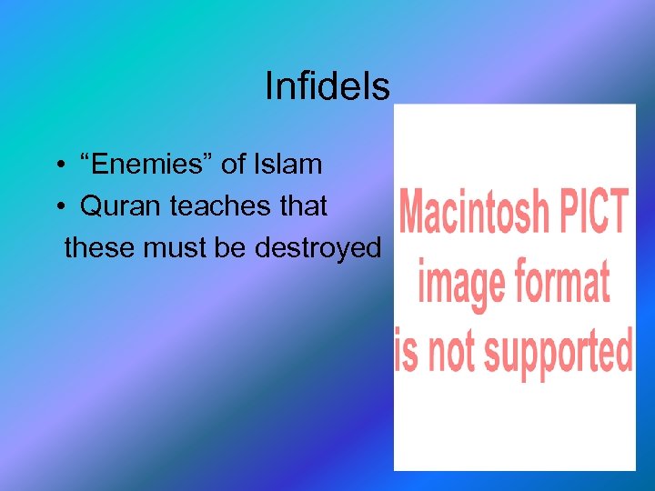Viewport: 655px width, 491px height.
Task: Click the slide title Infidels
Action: [x=327, y=87]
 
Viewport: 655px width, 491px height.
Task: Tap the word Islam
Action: [x=288, y=165]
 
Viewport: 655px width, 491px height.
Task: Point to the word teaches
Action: [x=218, y=206]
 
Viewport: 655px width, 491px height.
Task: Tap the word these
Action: [x=100, y=247]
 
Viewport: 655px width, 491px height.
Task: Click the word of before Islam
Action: [x=233, y=165]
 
